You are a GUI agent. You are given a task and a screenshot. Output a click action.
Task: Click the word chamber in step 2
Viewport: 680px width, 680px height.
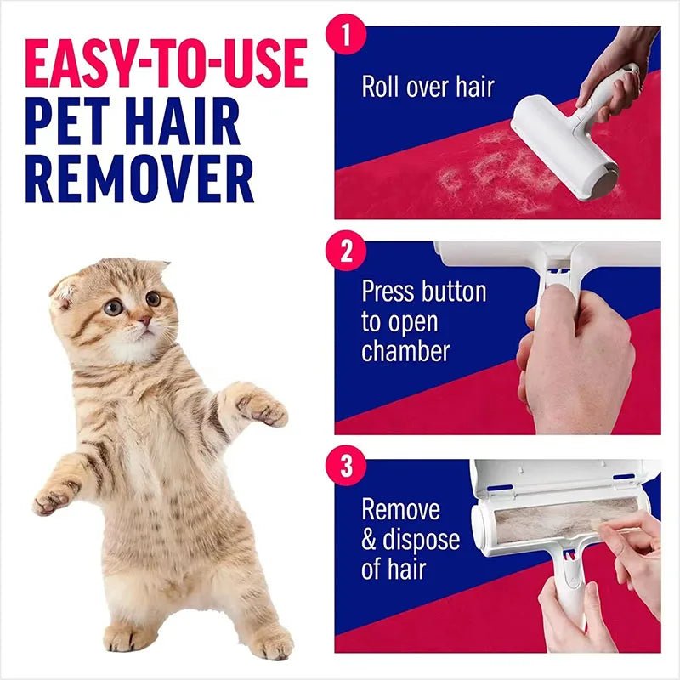405,351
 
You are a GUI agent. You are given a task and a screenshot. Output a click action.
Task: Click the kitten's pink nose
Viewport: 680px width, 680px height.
144,321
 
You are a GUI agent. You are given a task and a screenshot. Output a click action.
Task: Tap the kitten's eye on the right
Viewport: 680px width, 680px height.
153,299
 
